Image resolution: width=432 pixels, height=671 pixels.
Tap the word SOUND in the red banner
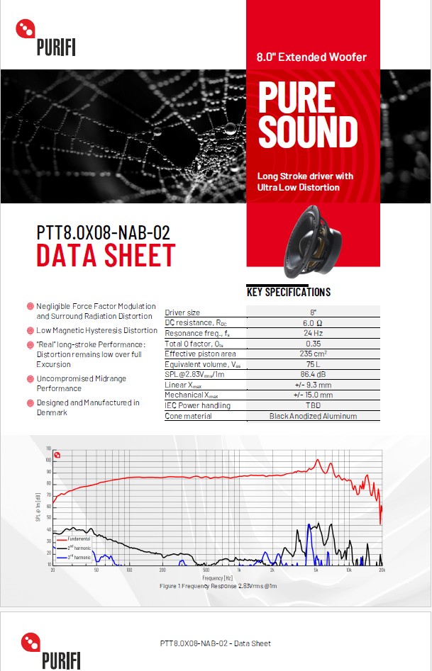point(308,132)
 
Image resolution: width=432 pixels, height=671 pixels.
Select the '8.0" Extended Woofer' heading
point(312,57)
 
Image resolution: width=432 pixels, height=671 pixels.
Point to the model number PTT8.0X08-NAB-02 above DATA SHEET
point(104,232)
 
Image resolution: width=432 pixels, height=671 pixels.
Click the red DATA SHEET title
point(106,255)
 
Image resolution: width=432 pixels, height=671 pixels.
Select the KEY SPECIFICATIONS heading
point(289,292)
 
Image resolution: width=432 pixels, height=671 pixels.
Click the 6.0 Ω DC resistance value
point(313,323)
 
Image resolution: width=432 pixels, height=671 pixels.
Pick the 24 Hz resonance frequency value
point(313,333)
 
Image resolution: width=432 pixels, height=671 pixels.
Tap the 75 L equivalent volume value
point(313,364)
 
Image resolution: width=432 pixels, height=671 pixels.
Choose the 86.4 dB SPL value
point(313,374)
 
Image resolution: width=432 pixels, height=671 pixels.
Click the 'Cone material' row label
point(188,416)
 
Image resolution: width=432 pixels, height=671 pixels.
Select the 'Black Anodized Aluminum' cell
point(313,416)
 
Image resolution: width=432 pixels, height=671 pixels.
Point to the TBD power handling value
point(313,405)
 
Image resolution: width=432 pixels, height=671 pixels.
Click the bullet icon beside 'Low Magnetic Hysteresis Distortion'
point(31,331)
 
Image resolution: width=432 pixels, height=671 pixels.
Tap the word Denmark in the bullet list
point(52,412)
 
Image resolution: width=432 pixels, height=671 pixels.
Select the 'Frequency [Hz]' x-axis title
point(217,579)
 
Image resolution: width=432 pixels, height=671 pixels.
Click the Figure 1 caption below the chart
point(218,587)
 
